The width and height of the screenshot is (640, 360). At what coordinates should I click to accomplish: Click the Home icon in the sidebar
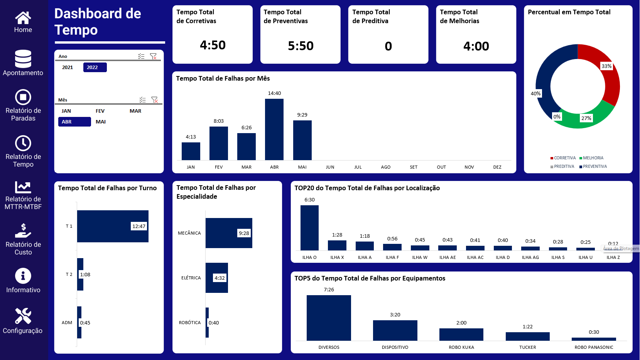(x=23, y=17)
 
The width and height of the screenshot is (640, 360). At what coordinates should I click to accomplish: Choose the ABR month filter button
(x=74, y=122)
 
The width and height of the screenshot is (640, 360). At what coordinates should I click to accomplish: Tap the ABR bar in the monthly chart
(x=274, y=129)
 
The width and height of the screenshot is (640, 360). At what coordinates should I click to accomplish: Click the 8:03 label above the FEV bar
(x=219, y=121)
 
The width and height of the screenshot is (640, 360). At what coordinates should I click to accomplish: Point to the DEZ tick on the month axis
(x=497, y=167)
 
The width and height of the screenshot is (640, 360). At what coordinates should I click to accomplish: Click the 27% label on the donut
(x=586, y=118)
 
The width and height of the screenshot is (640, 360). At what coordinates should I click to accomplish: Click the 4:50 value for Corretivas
(x=213, y=45)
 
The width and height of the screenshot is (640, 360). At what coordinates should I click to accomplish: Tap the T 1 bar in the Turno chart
(x=113, y=226)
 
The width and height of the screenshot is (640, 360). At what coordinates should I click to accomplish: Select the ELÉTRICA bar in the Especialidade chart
(x=216, y=278)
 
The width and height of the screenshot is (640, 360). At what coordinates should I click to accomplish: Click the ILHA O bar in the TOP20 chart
(x=309, y=228)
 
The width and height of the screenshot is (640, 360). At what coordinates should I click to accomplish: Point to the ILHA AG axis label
(x=530, y=257)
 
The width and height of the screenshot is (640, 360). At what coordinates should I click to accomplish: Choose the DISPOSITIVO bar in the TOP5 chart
(x=395, y=330)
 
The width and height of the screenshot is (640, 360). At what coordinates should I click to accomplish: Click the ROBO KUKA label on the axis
(x=461, y=347)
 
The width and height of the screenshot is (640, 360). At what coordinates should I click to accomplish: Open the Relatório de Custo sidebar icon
(x=23, y=231)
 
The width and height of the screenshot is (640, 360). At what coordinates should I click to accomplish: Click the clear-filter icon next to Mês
(x=155, y=100)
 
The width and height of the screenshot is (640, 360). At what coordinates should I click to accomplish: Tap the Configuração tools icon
(x=23, y=316)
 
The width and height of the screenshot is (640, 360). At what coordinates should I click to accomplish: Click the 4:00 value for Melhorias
(x=476, y=46)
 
